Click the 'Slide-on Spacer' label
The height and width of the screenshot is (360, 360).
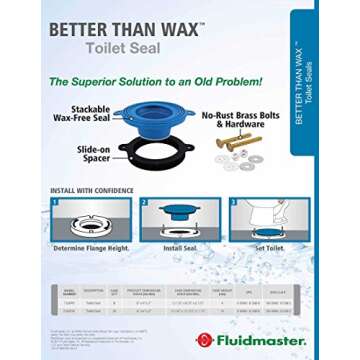92,153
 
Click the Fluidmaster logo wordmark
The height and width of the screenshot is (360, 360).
249,340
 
